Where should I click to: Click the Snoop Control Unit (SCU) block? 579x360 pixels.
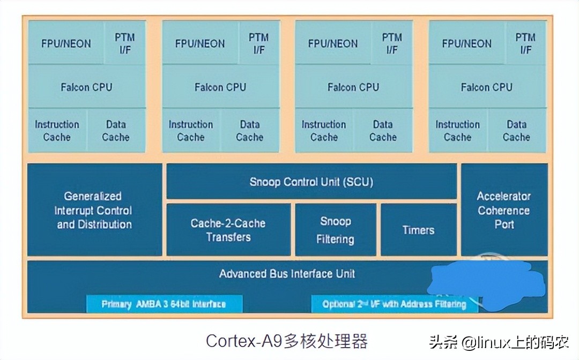[x=311, y=182]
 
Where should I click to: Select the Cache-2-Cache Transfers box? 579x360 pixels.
[x=228, y=230]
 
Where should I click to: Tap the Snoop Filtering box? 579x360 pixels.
[x=335, y=230]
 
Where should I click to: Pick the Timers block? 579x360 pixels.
[x=418, y=230]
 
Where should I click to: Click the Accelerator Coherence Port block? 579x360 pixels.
[x=504, y=210]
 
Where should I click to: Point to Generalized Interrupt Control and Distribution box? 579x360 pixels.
[x=94, y=210]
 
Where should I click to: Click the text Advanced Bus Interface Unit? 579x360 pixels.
[x=287, y=274]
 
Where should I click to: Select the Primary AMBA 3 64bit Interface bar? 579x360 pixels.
[x=164, y=304]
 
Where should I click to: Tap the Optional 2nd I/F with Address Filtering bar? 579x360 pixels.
[x=394, y=304]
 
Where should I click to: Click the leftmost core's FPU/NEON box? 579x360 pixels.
[x=66, y=43]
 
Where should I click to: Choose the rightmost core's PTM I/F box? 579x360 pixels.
[x=525, y=43]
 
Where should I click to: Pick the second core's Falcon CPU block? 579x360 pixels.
[x=220, y=87]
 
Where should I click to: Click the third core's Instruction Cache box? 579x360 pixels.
[x=324, y=131]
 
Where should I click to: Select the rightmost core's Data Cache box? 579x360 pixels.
[x=516, y=131]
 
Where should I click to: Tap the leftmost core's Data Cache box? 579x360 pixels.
[x=116, y=131]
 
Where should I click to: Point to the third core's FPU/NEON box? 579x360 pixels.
[x=332, y=43]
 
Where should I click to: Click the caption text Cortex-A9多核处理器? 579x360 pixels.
[x=287, y=341]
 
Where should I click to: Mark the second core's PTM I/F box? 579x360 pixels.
[x=259, y=43]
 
